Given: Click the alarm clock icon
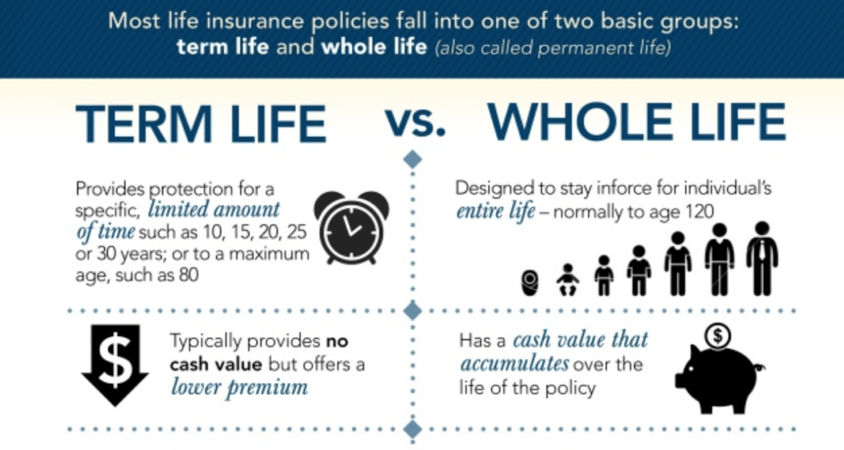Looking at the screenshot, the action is (x=351, y=227).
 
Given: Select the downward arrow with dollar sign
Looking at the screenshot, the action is (x=115, y=365).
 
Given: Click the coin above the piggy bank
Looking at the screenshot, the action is (x=717, y=336).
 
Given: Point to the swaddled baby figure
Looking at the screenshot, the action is (x=529, y=282).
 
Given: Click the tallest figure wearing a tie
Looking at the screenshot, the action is (x=762, y=258).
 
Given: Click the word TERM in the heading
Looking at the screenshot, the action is (x=144, y=124).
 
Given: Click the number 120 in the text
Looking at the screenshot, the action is (x=700, y=211).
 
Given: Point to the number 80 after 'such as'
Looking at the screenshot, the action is (x=189, y=275).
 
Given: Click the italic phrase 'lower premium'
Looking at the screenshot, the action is (x=240, y=387).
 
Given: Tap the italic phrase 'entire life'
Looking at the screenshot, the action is (x=496, y=210).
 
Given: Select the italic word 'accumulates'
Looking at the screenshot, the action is (x=514, y=364).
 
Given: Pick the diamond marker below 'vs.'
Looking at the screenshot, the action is (x=413, y=159).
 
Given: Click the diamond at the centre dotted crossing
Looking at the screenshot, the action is (x=413, y=311).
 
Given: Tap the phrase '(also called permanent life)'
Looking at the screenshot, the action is (x=553, y=48).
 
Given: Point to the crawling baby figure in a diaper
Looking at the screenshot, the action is (x=568, y=280).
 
